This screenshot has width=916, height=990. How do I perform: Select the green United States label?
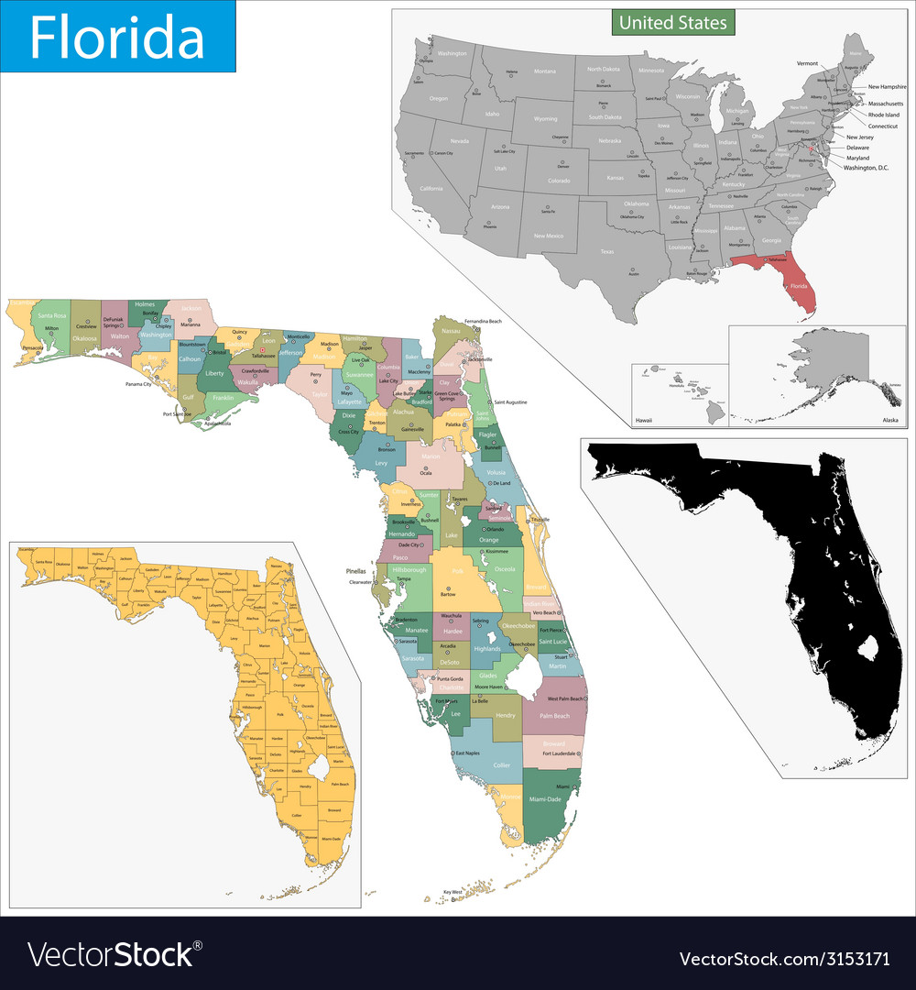click(673, 22)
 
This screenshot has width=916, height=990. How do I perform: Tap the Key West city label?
click(453, 892)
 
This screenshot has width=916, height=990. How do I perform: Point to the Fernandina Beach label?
click(483, 322)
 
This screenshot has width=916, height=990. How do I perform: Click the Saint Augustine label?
click(512, 402)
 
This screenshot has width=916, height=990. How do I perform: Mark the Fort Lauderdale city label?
click(559, 753)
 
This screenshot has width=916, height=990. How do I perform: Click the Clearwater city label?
click(359, 582)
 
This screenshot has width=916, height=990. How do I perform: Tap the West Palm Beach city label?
click(565, 698)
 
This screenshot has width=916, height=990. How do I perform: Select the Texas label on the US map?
click(606, 251)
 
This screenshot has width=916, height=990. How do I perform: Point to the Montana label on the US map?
click(545, 71)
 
